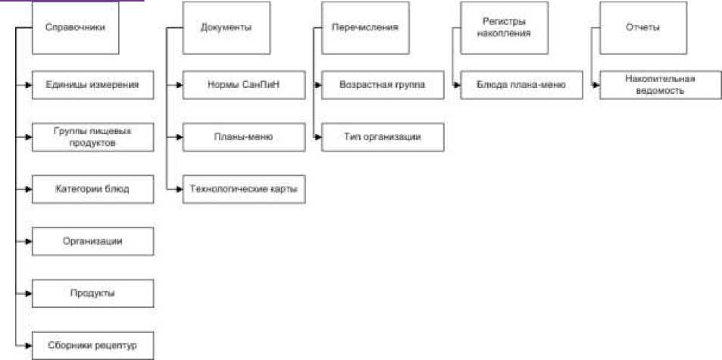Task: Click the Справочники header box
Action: [76, 27]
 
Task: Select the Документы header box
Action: [227, 27]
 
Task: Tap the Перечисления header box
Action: [365, 27]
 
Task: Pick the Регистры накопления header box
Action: [505, 27]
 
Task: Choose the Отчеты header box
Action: [642, 27]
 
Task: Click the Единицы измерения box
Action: [93, 85]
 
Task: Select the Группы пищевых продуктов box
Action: [93, 137]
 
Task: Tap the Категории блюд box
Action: [93, 189]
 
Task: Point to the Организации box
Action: [93, 241]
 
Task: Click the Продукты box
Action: [93, 293]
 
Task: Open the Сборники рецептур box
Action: [93, 345]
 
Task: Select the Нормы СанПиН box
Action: [243, 85]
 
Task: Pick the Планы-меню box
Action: [243, 137]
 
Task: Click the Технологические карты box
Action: [243, 189]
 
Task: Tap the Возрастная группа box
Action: [383, 85]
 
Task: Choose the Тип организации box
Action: [383, 137]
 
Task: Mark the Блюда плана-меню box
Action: [521, 85]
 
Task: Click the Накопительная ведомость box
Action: [661, 85]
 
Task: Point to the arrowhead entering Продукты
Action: [28, 293]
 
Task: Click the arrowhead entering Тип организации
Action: [318, 137]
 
